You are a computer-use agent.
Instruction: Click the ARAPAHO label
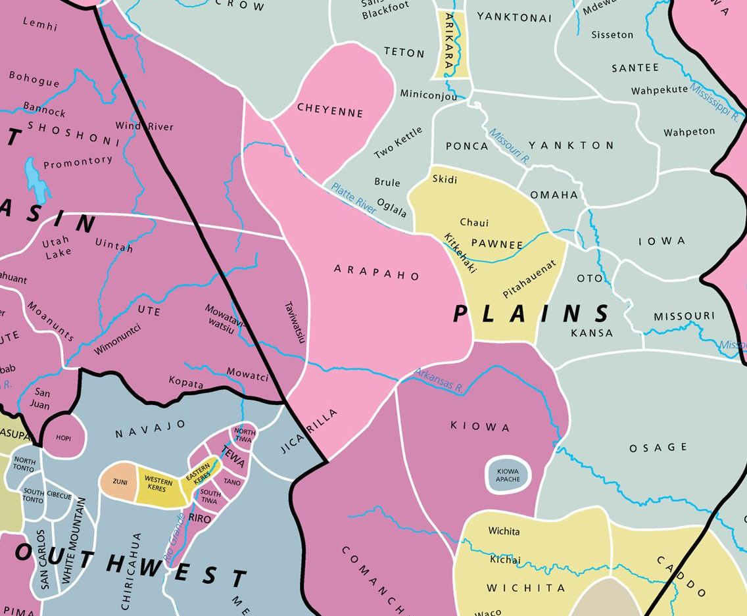(377, 272)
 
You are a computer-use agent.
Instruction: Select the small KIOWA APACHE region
(508, 475)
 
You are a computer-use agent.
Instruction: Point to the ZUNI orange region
(119, 481)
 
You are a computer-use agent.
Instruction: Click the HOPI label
(64, 437)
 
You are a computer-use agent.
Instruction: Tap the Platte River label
(354, 198)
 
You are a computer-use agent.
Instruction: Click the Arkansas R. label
(439, 381)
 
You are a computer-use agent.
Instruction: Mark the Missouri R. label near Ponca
(509, 145)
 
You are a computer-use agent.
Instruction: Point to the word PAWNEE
(497, 244)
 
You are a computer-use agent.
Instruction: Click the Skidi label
(445, 179)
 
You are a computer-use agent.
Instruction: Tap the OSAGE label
(658, 448)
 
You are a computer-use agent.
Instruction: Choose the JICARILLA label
(309, 431)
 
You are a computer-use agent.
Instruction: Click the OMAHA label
(554, 195)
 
